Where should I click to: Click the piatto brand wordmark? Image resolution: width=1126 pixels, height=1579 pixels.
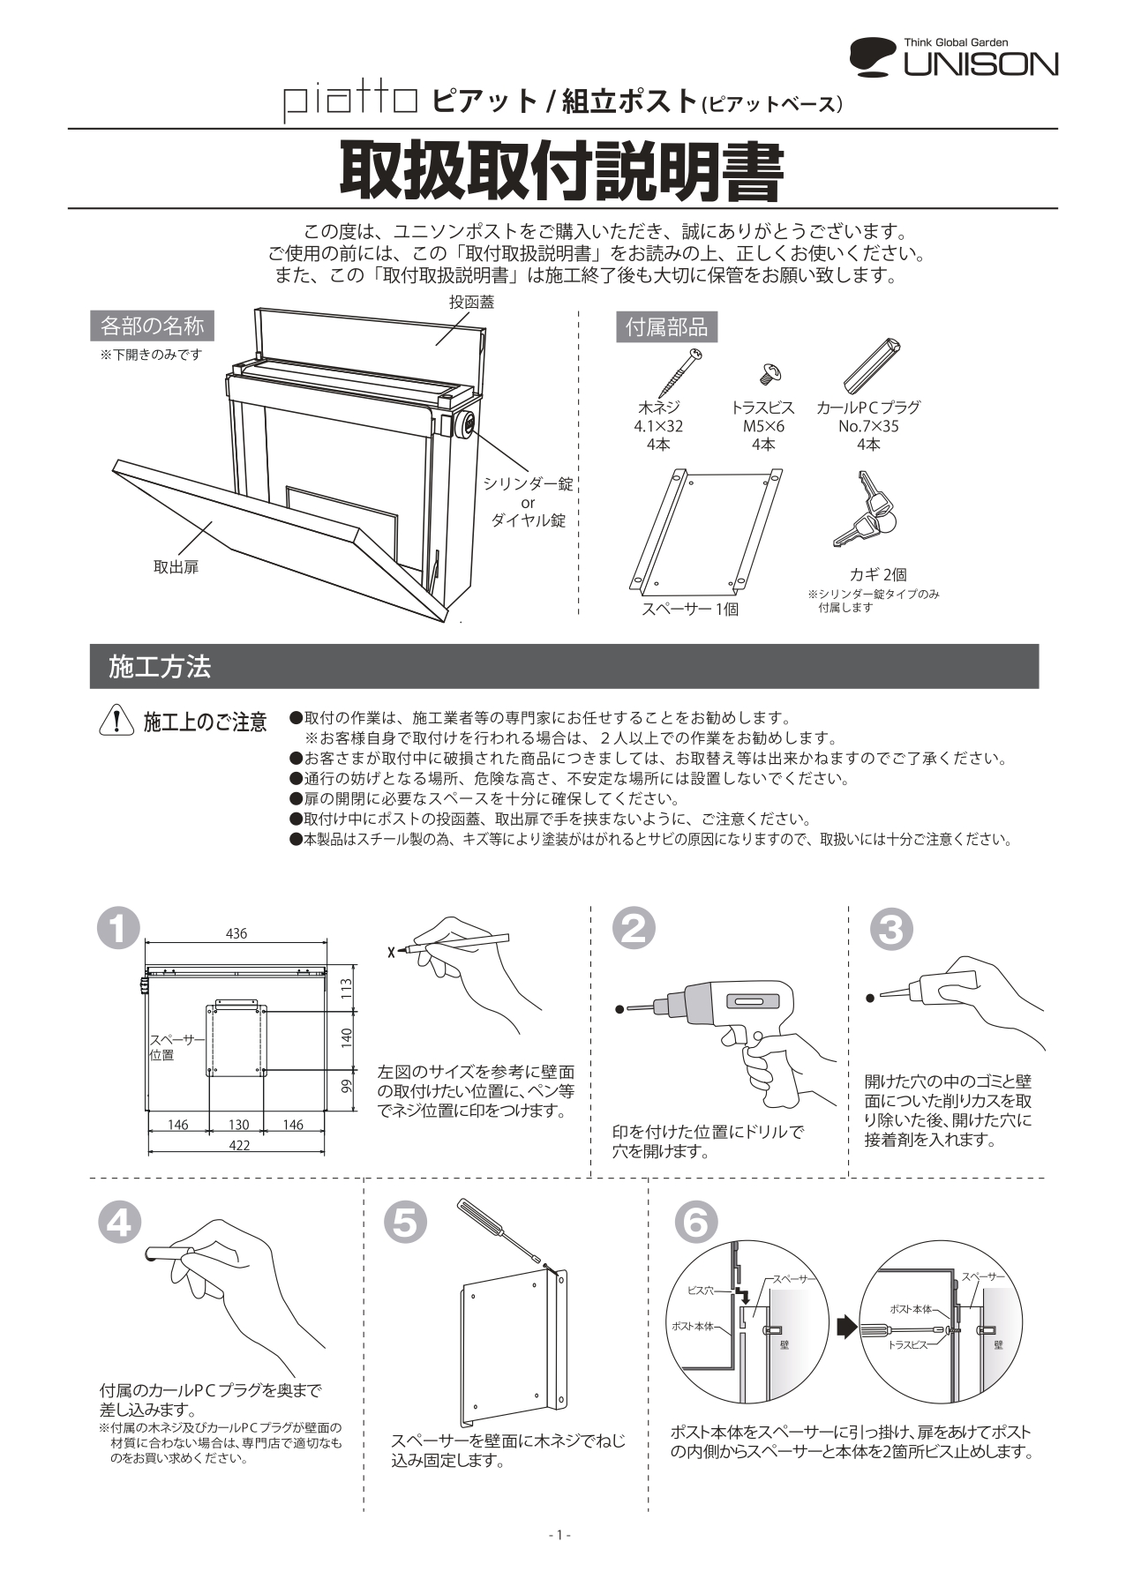pyautogui.click(x=350, y=102)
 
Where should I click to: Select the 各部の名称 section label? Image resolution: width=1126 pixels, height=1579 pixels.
pyautogui.click(x=152, y=326)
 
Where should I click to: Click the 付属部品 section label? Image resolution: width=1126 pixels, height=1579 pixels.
pyautogui.click(x=666, y=327)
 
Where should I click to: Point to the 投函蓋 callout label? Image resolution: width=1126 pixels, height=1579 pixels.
pyautogui.click(x=471, y=302)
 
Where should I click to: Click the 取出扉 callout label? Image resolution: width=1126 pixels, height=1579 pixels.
pyautogui.click(x=176, y=567)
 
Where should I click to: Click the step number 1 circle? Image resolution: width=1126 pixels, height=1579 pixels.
pyautogui.click(x=119, y=927)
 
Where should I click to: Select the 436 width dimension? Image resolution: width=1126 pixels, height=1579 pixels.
pyautogui.click(x=236, y=933)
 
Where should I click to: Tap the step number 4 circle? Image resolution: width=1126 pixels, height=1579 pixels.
pyautogui.click(x=119, y=1223)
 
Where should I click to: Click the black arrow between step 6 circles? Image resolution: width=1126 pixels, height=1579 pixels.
pyautogui.click(x=846, y=1326)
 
